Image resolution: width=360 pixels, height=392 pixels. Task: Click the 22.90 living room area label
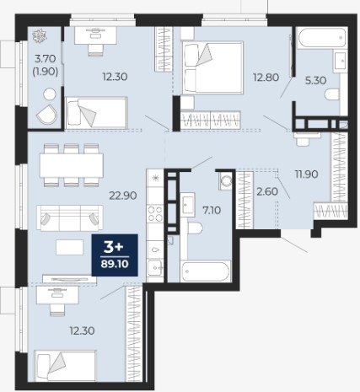tap(123, 196)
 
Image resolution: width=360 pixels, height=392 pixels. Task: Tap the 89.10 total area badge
tap(115, 264)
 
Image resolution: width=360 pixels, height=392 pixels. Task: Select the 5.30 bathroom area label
tap(315, 81)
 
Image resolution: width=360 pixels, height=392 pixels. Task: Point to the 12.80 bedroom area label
tap(266, 77)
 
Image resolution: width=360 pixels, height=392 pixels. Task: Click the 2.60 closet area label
tap(267, 191)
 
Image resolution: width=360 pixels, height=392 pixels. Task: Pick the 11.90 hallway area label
tap(306, 175)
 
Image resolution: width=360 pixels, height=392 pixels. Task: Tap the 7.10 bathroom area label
tap(212, 210)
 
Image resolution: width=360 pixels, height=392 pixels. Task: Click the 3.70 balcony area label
tap(46, 59)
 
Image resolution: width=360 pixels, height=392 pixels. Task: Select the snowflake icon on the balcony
tap(40, 35)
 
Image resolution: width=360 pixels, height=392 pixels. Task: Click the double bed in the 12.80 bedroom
tap(212, 67)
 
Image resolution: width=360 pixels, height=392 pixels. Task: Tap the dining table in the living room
tap(72, 165)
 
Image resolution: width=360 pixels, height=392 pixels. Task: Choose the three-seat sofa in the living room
tap(70, 217)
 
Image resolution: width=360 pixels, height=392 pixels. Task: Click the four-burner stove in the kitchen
tap(155, 214)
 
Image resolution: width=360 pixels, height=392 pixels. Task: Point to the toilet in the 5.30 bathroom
tap(332, 94)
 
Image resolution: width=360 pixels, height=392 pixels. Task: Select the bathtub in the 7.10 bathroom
tap(206, 271)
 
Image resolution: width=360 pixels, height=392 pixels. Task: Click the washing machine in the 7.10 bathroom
tap(226, 180)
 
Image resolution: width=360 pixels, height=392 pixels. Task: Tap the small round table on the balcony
tap(50, 94)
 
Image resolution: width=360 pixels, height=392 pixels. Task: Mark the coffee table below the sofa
tap(70, 247)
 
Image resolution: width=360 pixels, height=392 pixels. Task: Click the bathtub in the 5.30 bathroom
tap(321, 38)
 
